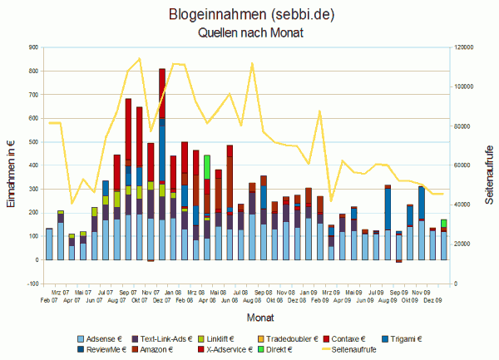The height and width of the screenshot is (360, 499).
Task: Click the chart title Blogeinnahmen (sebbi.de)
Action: (x=250, y=15)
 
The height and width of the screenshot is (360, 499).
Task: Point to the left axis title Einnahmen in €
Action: (x=10, y=165)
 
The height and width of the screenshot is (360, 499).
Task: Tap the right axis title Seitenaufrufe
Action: (x=489, y=165)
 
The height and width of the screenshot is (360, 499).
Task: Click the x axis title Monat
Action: (x=249, y=317)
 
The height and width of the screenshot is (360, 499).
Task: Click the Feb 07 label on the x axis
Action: (x=49, y=299)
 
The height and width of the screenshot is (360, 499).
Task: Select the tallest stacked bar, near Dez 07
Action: (x=161, y=166)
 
